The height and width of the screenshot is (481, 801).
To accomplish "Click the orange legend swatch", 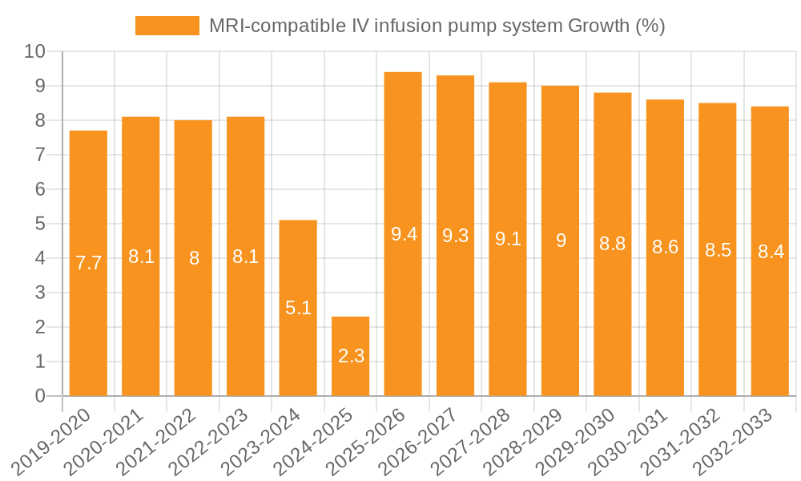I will [167, 26].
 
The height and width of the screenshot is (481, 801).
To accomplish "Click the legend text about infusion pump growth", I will [437, 26].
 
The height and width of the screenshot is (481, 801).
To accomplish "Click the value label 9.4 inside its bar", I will [403, 234].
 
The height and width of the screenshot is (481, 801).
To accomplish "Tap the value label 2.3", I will [351, 356].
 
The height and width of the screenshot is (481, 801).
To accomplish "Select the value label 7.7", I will [88, 262].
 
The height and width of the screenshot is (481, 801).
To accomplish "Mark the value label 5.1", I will [298, 307].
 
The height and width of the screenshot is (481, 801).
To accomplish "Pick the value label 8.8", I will [613, 245].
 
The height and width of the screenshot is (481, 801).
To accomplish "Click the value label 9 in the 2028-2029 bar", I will [561, 240].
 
